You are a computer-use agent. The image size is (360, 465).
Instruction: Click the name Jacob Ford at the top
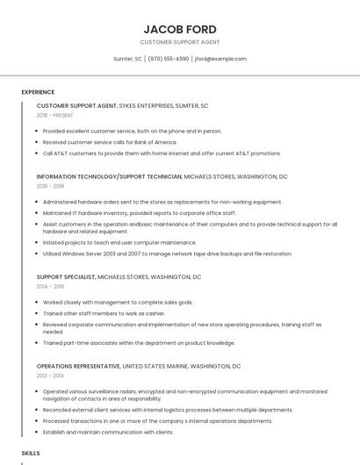tap(180, 29)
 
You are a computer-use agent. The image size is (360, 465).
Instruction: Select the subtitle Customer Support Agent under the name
tap(180, 42)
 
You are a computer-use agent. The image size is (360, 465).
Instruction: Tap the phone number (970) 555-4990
tap(169, 59)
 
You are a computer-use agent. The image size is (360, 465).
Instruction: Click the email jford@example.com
tap(220, 59)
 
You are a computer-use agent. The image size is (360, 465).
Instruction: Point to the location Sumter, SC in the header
tap(127, 59)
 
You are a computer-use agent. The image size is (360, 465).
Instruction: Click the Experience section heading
tap(38, 92)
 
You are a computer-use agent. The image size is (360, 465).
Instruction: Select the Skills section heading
tap(31, 453)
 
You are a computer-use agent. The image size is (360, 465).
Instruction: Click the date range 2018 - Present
tap(55, 115)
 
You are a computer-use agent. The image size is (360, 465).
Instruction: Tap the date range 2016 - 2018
tap(51, 186)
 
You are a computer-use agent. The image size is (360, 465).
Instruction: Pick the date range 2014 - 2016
tap(51, 286)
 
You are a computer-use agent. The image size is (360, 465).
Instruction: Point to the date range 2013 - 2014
tap(51, 376)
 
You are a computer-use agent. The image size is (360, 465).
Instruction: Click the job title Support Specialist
tap(66, 276)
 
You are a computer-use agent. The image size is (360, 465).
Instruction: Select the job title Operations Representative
tap(78, 366)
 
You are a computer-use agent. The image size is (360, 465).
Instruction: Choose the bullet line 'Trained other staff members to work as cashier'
tap(104, 313)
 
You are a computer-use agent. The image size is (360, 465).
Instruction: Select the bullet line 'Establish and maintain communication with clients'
tap(108, 432)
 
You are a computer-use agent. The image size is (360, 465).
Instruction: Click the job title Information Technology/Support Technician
tap(109, 176)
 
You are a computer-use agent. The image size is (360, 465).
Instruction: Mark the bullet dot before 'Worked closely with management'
tap(38, 302)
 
